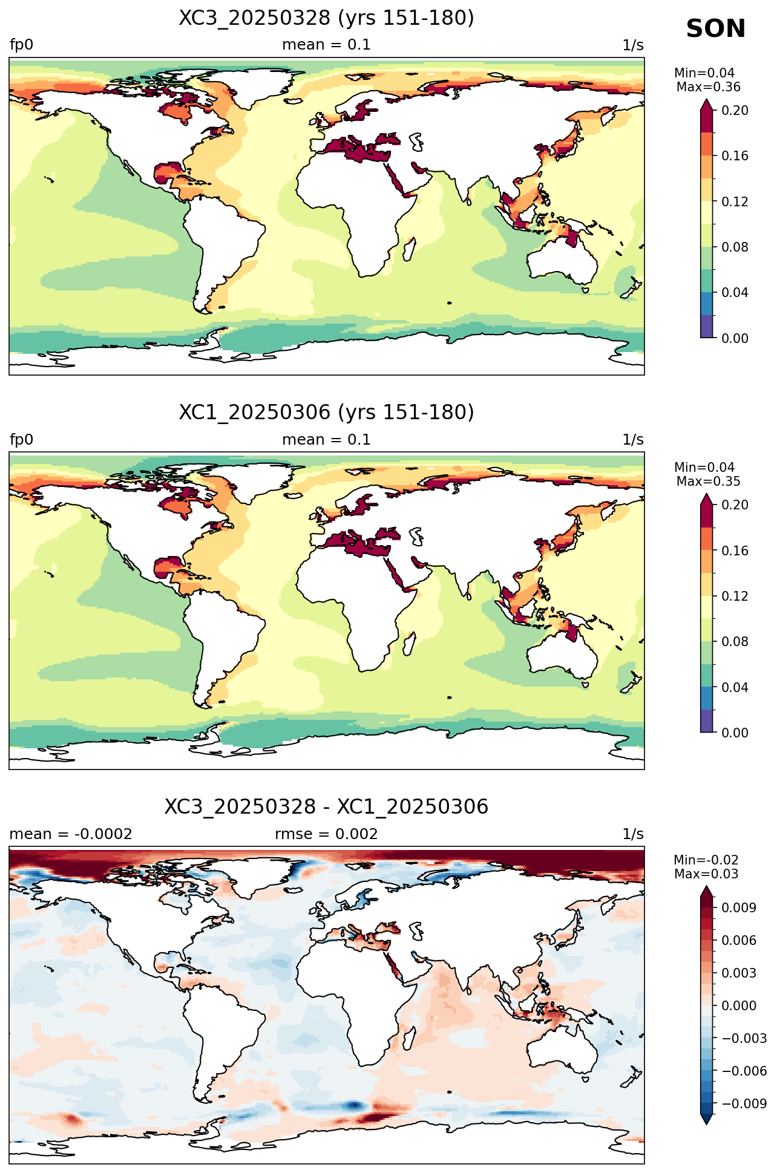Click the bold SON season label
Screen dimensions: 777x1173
pos(716,29)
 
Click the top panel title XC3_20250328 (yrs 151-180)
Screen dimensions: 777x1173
pos(326,18)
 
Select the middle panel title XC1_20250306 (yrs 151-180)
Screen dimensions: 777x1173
pos(326,413)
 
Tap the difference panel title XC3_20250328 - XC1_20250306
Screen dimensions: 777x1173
pos(326,807)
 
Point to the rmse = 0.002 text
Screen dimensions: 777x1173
pos(326,834)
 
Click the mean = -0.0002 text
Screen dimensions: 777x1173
pos(71,834)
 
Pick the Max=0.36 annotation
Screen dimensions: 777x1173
pos(708,87)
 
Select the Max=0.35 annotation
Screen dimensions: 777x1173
pos(708,482)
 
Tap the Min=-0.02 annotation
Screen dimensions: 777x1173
pos(706,860)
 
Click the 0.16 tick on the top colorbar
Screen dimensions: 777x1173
pos(735,156)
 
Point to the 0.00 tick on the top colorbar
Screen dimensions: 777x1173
pos(735,338)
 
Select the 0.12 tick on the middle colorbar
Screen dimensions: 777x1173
pos(735,596)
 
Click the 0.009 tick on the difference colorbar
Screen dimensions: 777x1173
pos(738,907)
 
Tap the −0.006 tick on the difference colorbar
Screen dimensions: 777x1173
pos(744,1071)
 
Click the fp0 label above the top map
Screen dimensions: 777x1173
pos(21,45)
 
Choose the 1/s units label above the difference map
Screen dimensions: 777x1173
pos(633,834)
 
